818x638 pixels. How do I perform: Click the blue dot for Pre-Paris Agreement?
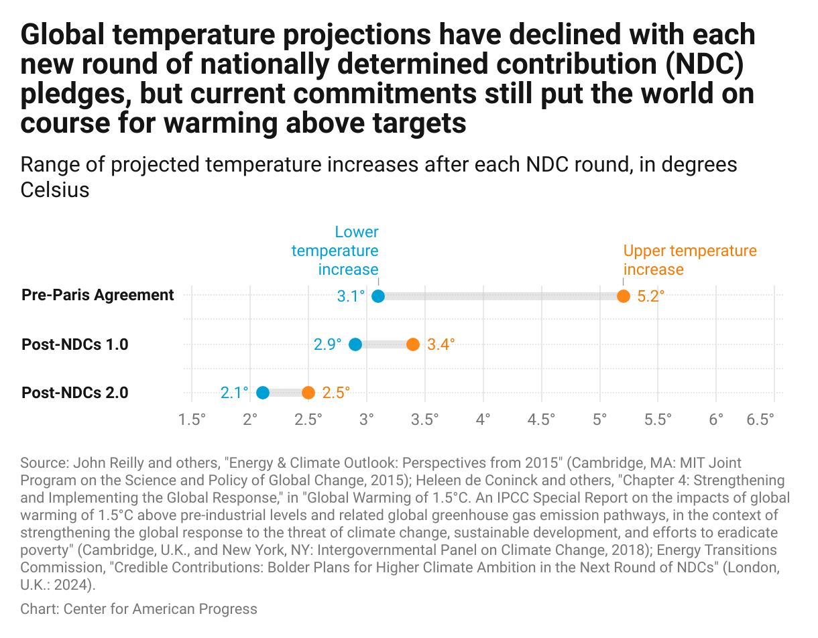378,296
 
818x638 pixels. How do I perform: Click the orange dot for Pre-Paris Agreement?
624,296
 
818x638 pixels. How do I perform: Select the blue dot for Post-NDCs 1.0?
355,344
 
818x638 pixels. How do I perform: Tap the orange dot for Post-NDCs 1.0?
413,344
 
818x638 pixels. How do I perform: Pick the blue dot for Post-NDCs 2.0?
263,393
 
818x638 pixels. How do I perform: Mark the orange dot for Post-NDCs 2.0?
308,393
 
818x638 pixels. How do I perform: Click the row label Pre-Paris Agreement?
98,295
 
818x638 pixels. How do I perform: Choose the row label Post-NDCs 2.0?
75,393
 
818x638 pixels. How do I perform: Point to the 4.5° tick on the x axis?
541,420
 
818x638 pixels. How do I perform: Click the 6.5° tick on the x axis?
760,420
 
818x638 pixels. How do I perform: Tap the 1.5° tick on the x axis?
192,420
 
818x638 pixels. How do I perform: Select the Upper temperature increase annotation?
689,260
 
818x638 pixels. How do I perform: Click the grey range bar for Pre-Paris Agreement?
501,296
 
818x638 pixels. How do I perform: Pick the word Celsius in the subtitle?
55,190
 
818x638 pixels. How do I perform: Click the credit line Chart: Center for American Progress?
139,609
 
